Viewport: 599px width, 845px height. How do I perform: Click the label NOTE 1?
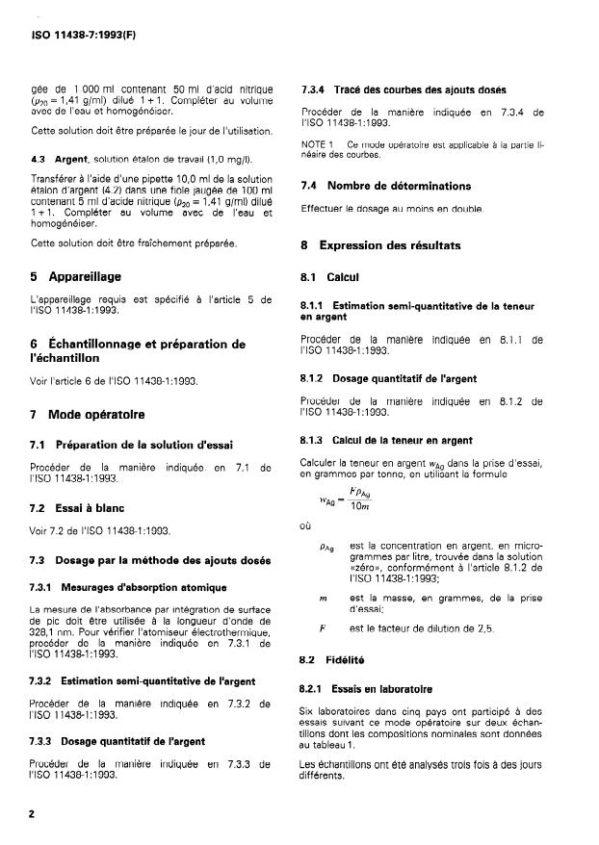317,143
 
